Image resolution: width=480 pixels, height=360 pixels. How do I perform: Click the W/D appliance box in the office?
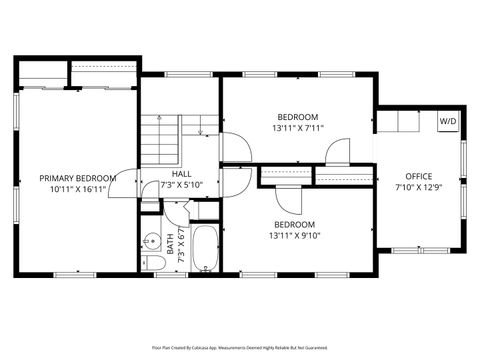point(447,121)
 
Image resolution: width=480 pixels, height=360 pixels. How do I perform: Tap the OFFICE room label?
point(418,176)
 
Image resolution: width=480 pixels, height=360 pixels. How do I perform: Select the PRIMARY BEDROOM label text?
point(78,178)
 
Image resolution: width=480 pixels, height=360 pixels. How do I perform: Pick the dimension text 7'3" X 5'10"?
point(181,185)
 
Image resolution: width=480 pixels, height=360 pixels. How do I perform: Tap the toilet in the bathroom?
point(153,262)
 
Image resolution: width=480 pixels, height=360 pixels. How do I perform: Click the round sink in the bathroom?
point(150,240)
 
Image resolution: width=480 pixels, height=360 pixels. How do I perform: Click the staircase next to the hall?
point(160,140)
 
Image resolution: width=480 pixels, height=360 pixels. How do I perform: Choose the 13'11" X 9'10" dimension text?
point(294,236)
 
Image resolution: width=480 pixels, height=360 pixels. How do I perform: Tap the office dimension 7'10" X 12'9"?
point(418,187)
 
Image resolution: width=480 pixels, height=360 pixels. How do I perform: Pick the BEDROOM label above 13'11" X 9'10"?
point(294,225)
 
